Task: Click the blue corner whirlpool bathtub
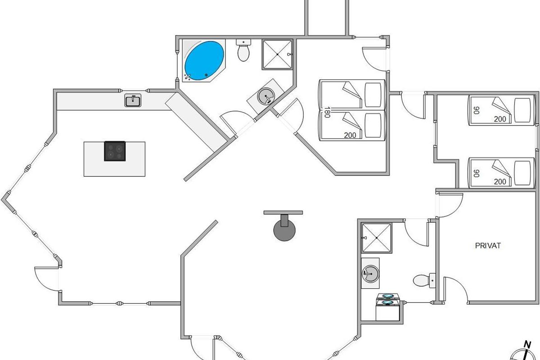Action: coord(204,60)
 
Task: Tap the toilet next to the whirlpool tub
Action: coord(243,50)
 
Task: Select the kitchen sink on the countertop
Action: coord(133,101)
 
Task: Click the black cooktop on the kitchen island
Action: coord(115,151)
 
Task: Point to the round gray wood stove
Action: coord(284,230)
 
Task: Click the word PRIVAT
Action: coord(488,246)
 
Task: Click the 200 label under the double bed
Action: coord(350,135)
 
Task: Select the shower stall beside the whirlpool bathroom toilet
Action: coord(277,54)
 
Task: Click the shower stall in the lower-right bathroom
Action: coord(376,237)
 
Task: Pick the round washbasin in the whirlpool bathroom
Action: coord(266,96)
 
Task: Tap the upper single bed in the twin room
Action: coord(500,111)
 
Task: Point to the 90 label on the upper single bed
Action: coord(475,110)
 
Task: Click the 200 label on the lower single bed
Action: coord(500,181)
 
